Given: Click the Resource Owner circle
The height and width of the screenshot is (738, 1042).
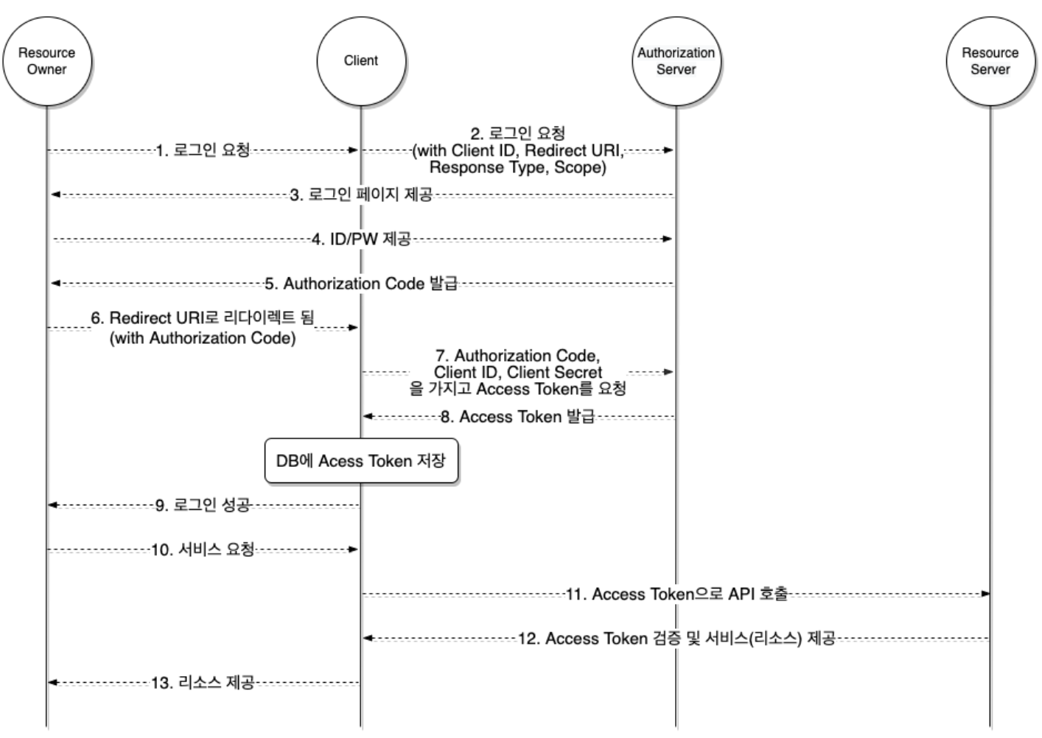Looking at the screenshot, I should (46, 61).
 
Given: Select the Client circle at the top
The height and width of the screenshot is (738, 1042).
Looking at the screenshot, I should (360, 61).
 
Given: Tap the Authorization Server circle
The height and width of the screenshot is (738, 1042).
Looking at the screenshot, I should (676, 61).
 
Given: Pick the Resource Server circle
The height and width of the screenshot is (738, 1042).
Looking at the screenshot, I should (990, 61).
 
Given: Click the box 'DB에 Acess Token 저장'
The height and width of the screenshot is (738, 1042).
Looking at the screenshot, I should (361, 461).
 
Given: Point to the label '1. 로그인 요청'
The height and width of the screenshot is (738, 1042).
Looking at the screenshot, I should (203, 150).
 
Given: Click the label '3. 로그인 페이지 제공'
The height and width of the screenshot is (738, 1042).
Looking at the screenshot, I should (361, 195).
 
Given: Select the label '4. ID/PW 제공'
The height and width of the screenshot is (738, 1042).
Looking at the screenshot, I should (361, 239).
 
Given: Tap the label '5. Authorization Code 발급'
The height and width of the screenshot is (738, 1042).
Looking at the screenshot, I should (361, 284).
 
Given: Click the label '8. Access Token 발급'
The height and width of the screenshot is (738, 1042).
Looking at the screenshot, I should (517, 417).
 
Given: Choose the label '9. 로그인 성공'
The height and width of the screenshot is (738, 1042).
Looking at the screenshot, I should (203, 505).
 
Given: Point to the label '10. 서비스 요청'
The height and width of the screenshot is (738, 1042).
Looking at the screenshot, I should (203, 549).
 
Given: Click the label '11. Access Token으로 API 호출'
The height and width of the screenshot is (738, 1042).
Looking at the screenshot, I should (676, 594).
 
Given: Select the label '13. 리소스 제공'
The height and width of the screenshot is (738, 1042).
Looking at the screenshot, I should (203, 683).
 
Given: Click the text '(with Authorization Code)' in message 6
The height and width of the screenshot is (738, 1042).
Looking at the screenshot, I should (203, 338).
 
